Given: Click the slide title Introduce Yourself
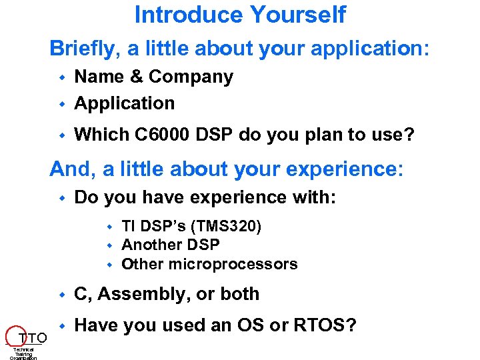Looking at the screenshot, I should (240, 14).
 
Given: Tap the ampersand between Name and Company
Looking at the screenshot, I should (135, 77).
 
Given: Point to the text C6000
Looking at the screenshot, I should (160, 135).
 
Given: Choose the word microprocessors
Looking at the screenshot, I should (233, 264).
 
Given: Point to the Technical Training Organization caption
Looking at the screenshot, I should (23, 353).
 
